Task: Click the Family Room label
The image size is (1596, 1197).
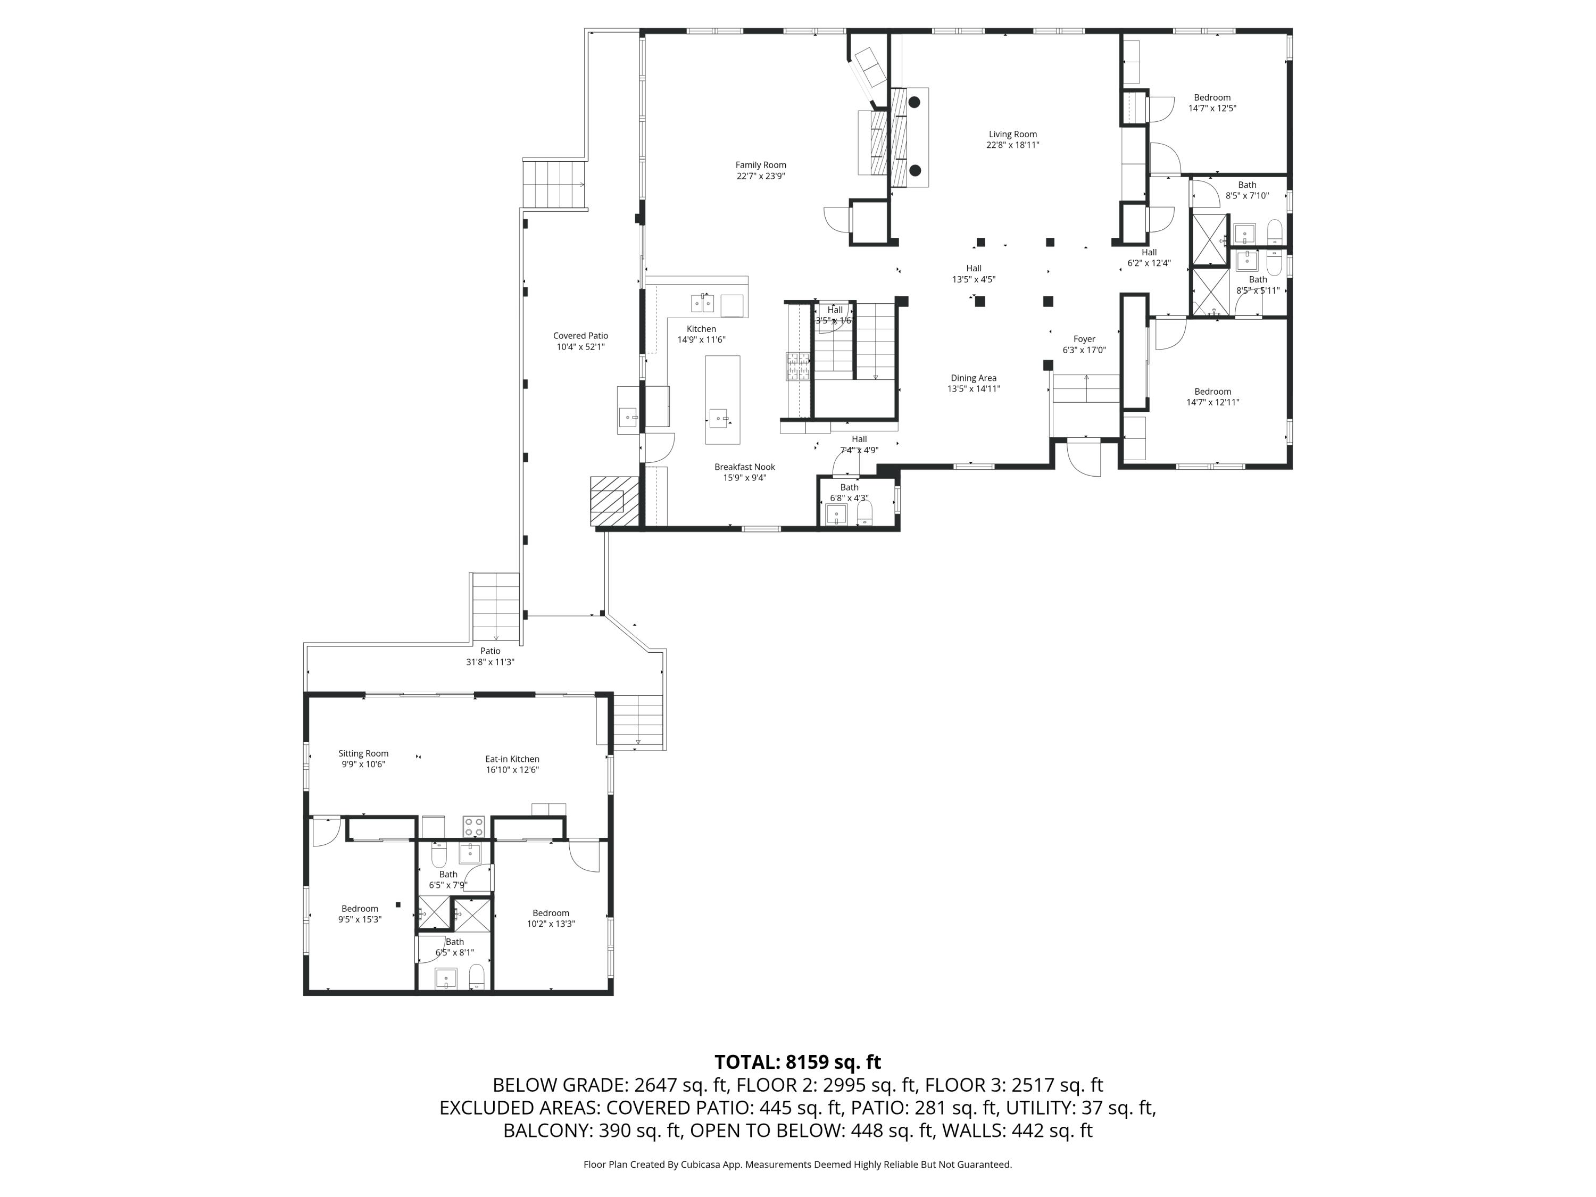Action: [760, 165]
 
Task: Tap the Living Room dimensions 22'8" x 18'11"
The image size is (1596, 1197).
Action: [1012, 145]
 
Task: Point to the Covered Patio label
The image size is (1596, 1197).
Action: [580, 336]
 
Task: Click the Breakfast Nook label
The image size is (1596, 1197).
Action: [745, 467]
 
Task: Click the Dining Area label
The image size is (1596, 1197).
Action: [974, 378]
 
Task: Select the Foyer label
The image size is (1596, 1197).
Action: [1084, 339]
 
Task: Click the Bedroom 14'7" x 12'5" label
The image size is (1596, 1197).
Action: [1211, 97]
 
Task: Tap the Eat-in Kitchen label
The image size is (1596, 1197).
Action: [512, 759]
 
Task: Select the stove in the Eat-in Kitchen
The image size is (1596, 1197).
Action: [473, 826]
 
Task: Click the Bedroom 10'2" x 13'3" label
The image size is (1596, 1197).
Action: [551, 913]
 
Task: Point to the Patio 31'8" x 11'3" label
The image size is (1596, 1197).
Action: [490, 651]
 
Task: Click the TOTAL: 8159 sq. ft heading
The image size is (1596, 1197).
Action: [797, 1062]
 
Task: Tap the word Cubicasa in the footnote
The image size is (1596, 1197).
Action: [699, 1165]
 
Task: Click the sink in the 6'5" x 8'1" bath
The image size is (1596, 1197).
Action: [445, 979]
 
